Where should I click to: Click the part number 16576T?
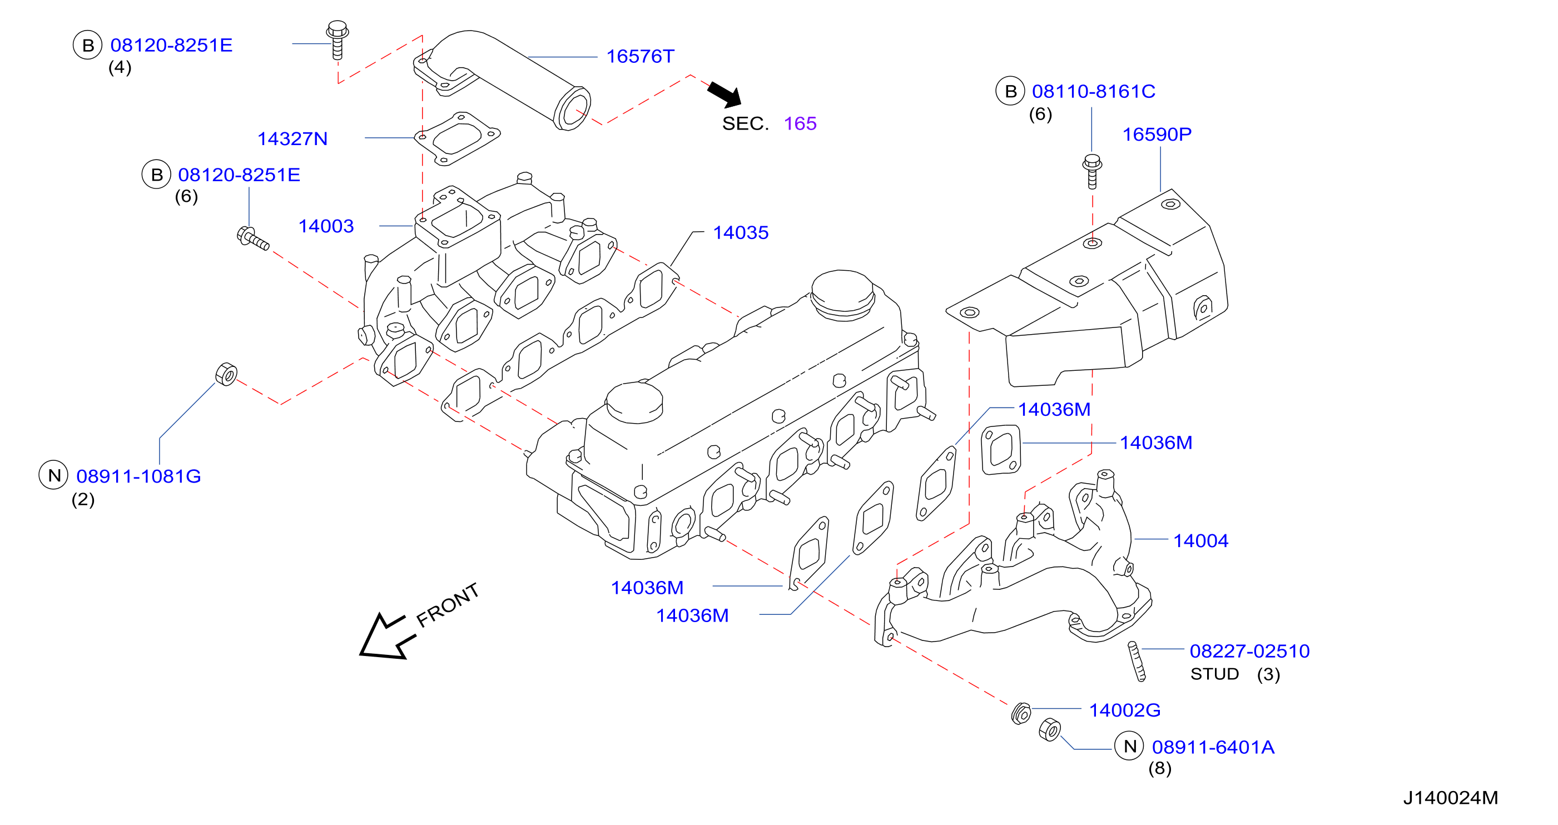tap(640, 56)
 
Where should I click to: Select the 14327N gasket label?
tap(292, 138)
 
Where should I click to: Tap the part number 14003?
tap(326, 226)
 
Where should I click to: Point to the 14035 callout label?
tap(740, 232)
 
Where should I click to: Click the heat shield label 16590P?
tap(1157, 135)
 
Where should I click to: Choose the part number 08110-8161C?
tap(1094, 91)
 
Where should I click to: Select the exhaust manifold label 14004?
tap(1200, 540)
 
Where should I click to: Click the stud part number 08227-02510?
tap(1249, 651)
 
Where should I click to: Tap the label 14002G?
tap(1125, 709)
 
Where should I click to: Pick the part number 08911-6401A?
tap(1213, 747)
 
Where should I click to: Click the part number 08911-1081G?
tap(138, 476)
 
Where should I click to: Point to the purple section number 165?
tap(800, 123)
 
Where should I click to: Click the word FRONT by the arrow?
tap(448, 605)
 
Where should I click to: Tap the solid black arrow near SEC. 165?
tap(725, 95)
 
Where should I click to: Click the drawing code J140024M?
tap(1450, 798)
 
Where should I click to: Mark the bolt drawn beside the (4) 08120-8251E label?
tap(338, 40)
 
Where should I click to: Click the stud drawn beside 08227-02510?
tap(1137, 661)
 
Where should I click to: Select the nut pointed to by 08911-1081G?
tap(226, 374)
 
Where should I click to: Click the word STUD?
tap(1214, 674)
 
